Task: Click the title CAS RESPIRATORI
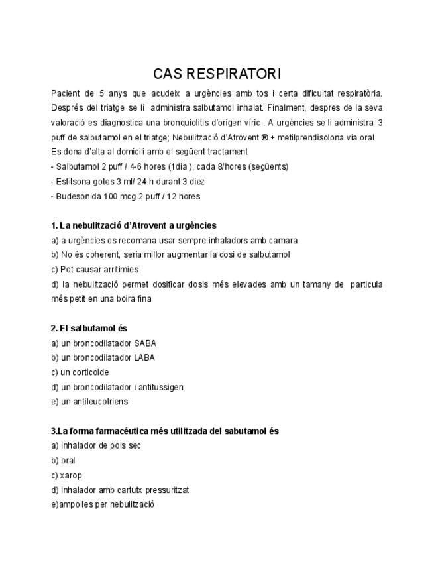point(217,73)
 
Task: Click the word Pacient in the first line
point(65,93)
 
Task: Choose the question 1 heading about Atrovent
point(133,225)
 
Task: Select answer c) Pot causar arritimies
point(95,270)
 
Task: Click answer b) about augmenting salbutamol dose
point(170,254)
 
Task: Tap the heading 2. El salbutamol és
point(89,328)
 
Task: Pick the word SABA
point(145,343)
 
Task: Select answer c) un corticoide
point(80,372)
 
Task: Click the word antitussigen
point(159,387)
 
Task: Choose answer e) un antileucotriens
point(89,402)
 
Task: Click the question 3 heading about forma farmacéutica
point(165,431)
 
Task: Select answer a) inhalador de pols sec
point(96,445)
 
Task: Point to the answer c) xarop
point(66,475)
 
